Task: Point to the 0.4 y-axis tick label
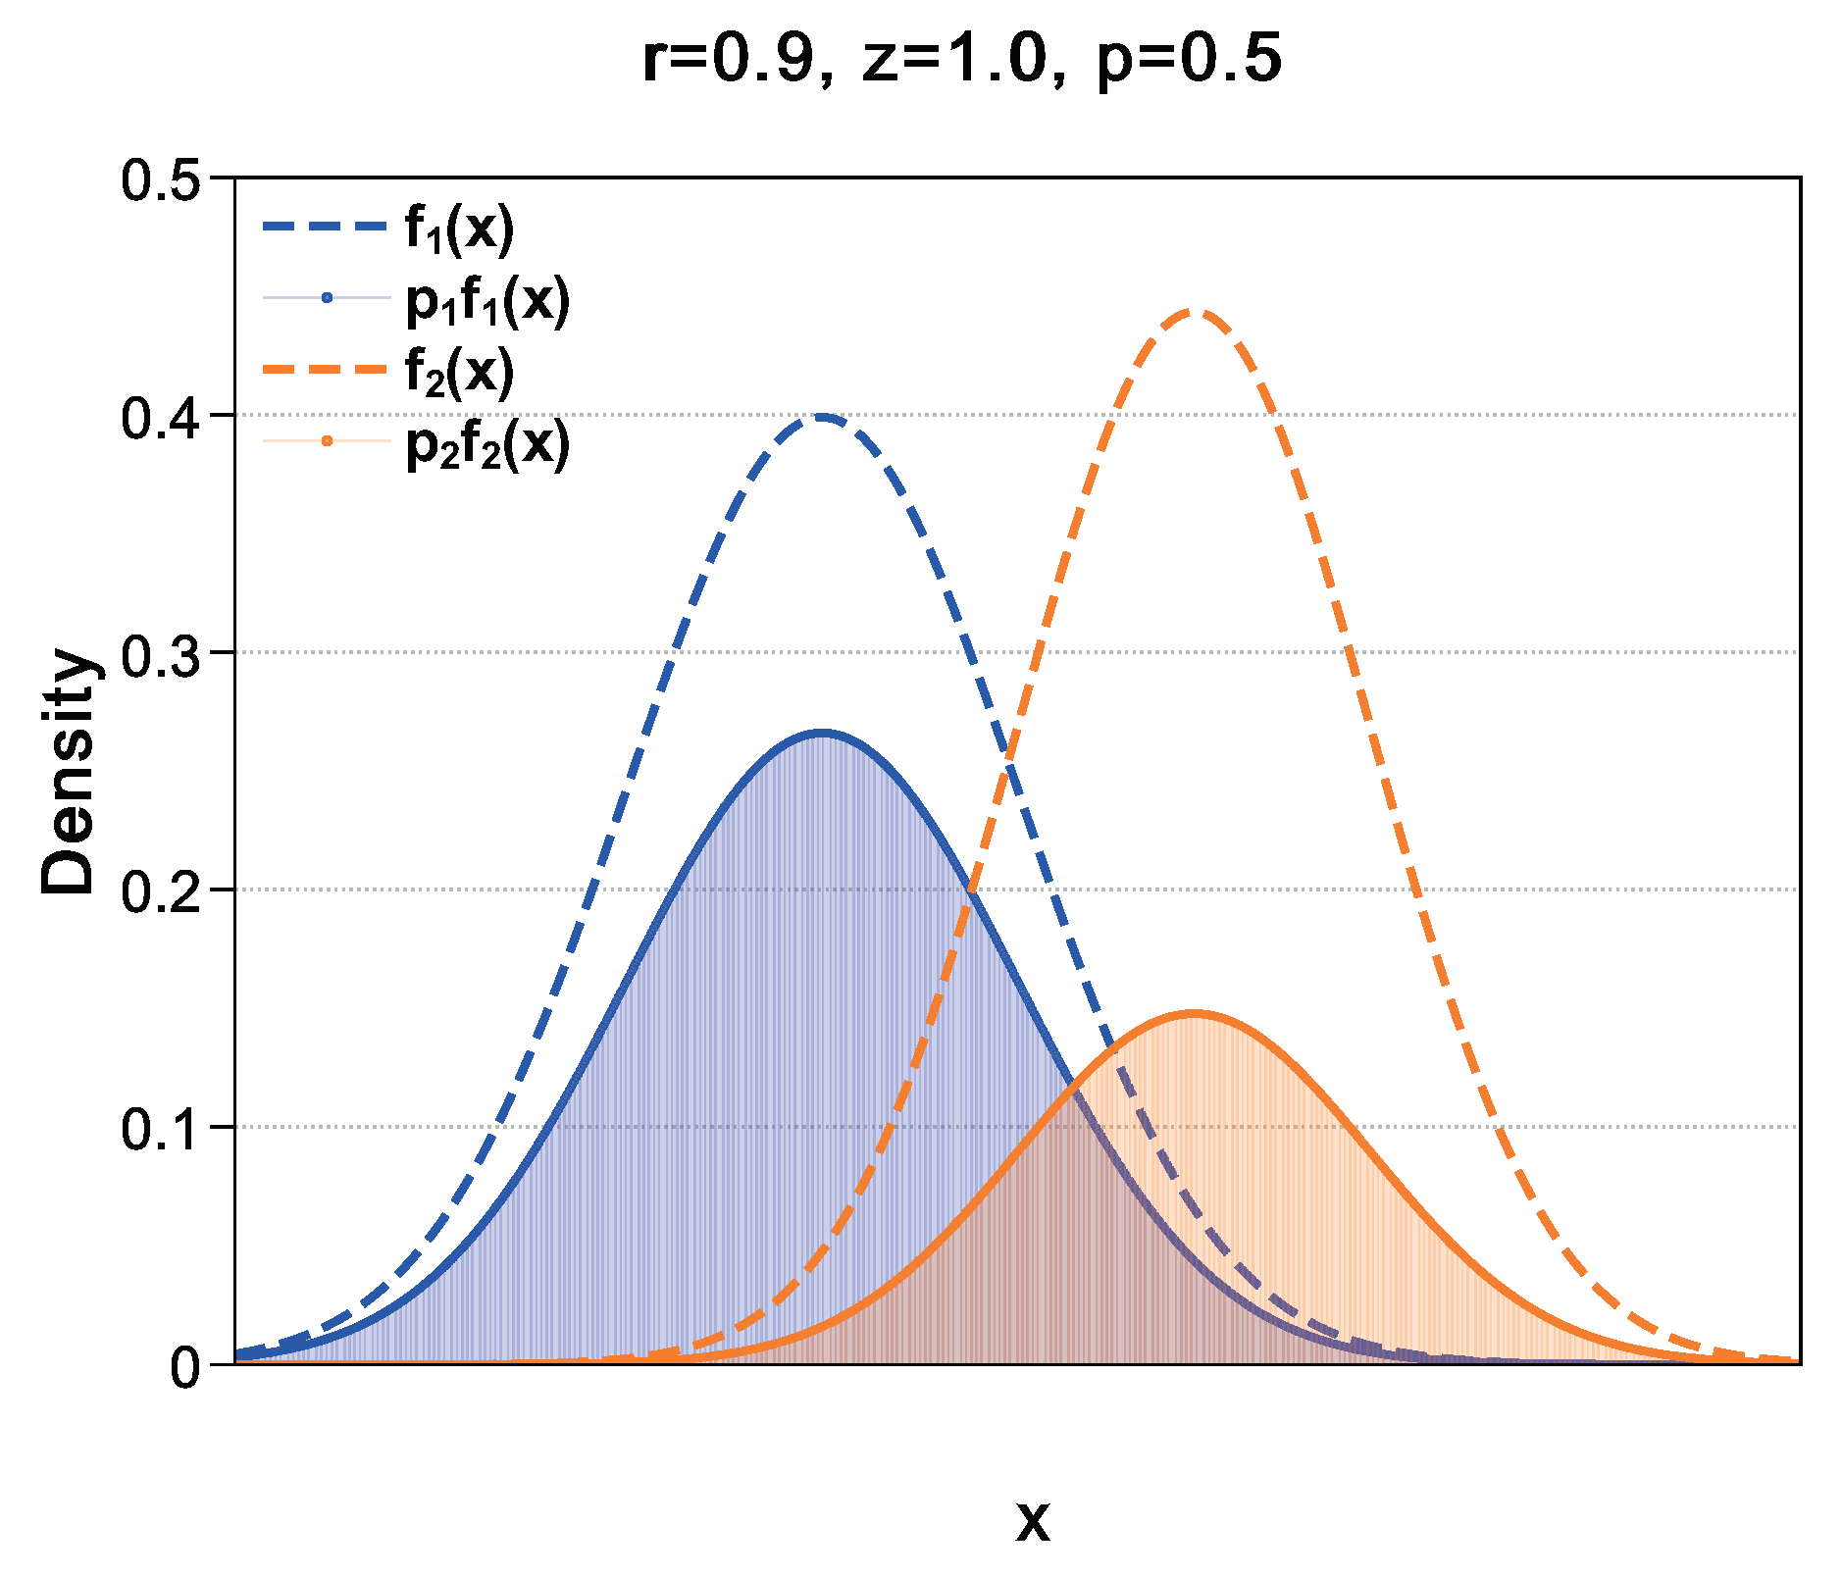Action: [x=160, y=417]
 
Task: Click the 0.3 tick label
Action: [x=160, y=654]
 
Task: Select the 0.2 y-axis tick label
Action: [x=160, y=891]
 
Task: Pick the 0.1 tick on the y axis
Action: [x=160, y=1129]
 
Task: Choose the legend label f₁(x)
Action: [x=459, y=229]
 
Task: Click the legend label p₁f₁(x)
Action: [x=487, y=300]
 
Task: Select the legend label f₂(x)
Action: [x=459, y=371]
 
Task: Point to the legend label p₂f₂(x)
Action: [x=487, y=443]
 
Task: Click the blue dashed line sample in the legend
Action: [x=326, y=227]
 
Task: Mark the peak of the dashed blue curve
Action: [x=822, y=417]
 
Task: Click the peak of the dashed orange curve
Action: [x=1193, y=312]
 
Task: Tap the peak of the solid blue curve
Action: [x=822, y=733]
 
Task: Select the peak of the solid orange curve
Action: [x=1193, y=1014]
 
